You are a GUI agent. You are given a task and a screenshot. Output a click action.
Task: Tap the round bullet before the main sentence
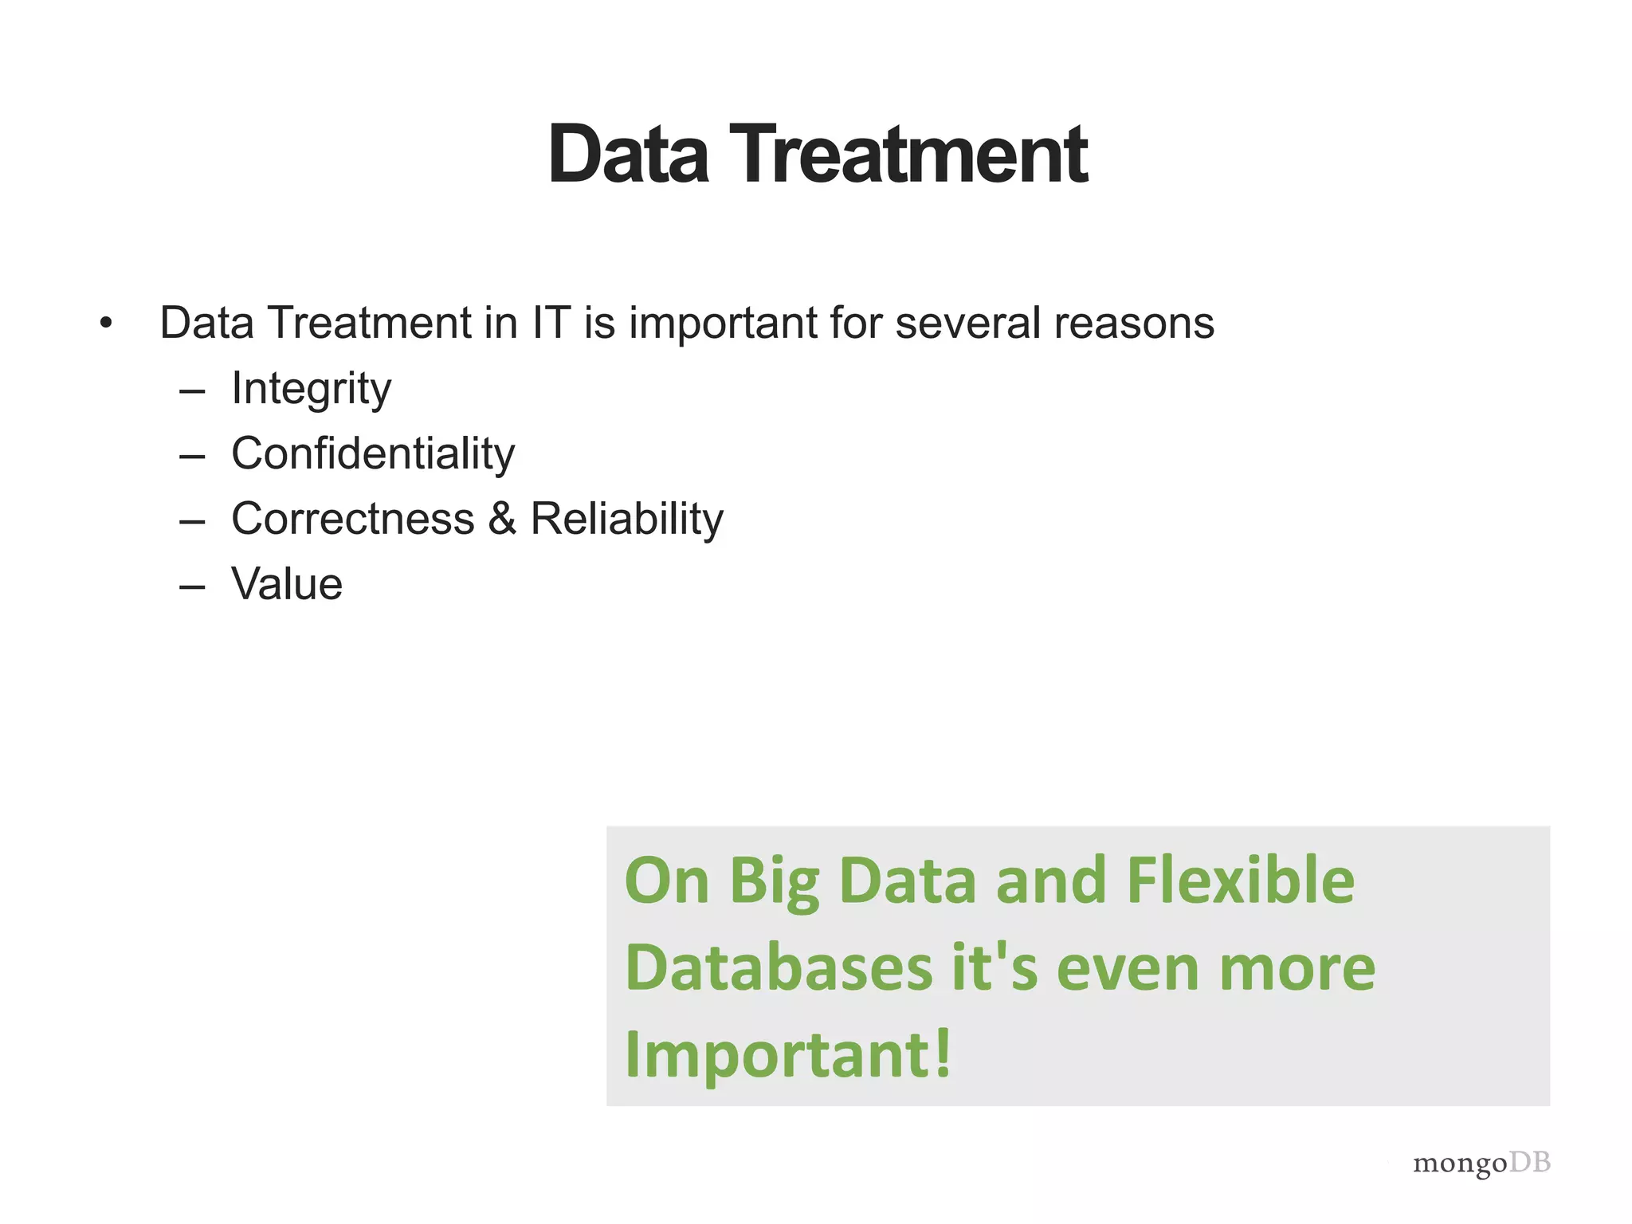106,324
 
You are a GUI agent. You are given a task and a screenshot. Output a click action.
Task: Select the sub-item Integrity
311,389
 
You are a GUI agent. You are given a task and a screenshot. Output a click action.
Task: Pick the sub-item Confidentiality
373,454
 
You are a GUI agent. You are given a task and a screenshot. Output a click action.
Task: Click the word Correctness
353,520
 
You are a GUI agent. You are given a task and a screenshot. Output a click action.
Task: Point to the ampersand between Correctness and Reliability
502,520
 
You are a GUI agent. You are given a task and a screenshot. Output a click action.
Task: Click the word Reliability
626,520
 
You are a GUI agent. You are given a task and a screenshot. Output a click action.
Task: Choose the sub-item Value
287,584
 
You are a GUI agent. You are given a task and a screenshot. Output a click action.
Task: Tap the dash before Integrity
192,391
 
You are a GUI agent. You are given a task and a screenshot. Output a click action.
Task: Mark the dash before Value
192,587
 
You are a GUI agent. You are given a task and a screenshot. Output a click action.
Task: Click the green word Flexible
1240,881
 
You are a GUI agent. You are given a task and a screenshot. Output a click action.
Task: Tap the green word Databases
779,968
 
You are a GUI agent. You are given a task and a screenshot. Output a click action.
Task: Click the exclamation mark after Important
942,1053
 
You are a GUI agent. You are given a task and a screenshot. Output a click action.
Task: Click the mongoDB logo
1481,1163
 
